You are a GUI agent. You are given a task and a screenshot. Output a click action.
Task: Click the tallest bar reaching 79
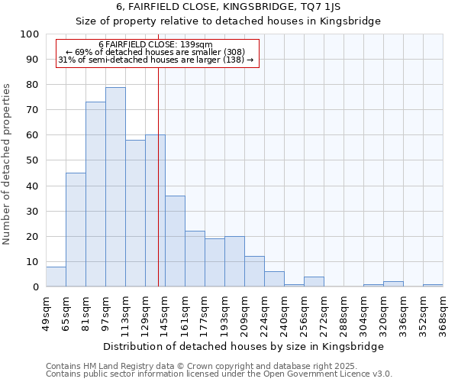click(115, 187)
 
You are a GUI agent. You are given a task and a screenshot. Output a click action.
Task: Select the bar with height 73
click(95, 195)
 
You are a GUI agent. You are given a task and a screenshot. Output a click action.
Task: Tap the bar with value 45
click(76, 230)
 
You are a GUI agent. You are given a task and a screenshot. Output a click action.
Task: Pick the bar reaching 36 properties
click(175, 241)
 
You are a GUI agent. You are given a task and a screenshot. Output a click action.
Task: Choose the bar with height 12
click(254, 272)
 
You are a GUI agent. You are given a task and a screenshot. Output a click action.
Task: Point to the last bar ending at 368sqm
click(433, 286)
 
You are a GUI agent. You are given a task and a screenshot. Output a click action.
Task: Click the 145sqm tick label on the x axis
click(166, 314)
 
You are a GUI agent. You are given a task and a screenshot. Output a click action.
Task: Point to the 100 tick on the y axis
click(30, 34)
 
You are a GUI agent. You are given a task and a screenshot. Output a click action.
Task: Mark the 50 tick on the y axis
click(33, 160)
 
